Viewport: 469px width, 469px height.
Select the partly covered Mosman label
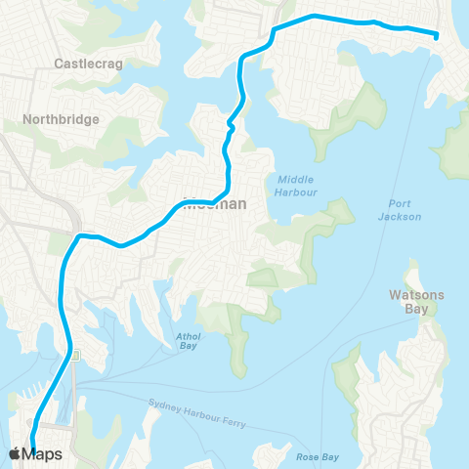(214, 204)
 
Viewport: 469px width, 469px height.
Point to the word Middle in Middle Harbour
(296, 179)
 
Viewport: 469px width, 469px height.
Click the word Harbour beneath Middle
(296, 192)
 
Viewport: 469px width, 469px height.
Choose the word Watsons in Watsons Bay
(416, 294)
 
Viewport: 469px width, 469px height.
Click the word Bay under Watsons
(416, 309)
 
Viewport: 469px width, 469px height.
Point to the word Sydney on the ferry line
(167, 404)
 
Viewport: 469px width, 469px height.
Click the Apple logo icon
(15, 453)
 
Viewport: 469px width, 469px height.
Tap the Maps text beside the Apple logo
(43, 453)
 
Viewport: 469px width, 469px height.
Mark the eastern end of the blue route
(435, 36)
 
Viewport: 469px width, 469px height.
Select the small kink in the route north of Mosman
(231, 125)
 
